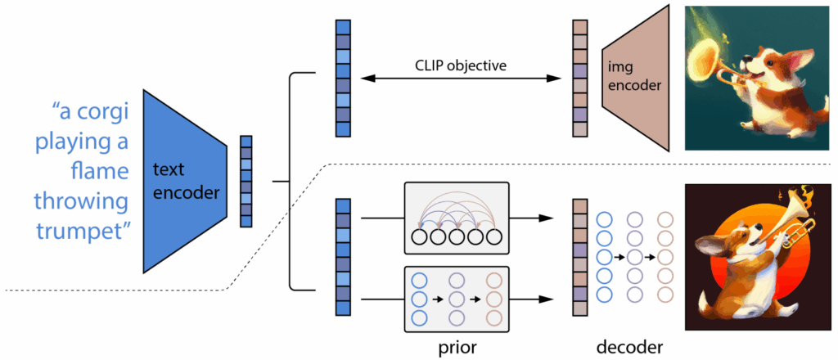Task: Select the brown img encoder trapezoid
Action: (x=635, y=79)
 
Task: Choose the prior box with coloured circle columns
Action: (x=457, y=298)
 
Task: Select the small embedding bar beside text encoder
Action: (x=246, y=181)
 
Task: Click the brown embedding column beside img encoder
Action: (x=579, y=79)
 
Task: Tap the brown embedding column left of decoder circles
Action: (x=579, y=257)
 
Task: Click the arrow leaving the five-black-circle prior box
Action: (x=536, y=218)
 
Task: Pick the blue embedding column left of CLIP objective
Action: (x=343, y=79)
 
